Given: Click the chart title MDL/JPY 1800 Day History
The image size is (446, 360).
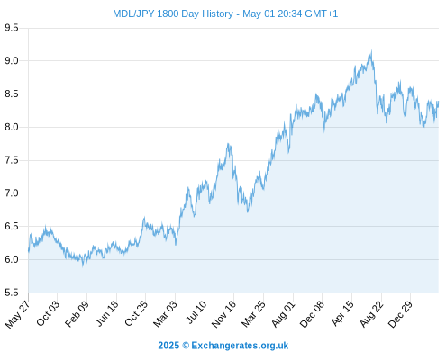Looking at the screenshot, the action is (x=173, y=13).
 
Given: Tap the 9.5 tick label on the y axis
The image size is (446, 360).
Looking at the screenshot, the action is (x=12, y=28).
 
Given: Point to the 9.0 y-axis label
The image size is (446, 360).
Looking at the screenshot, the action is (x=12, y=61).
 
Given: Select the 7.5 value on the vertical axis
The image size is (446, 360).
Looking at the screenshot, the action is (x=12, y=160).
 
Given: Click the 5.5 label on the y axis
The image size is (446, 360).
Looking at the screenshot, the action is (x=12, y=292).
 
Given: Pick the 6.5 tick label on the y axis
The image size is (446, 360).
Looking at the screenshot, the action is (x=12, y=226).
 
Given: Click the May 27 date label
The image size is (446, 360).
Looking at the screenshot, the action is (x=17, y=314).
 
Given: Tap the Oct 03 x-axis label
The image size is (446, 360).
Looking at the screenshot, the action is (x=48, y=313).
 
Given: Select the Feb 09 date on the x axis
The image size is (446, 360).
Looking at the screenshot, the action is (x=77, y=313).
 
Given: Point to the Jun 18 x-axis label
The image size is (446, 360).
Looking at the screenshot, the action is (x=106, y=313).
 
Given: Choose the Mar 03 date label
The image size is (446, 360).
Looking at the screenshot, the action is (x=165, y=314).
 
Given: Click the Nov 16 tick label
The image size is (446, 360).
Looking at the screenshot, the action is (x=223, y=314).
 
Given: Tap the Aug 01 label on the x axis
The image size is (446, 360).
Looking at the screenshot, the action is (x=283, y=314).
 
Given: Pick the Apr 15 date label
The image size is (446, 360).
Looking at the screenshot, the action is (x=341, y=313).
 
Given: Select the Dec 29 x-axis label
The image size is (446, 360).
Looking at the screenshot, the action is (x=400, y=314).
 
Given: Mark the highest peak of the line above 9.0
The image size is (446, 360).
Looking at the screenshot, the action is (x=371, y=51).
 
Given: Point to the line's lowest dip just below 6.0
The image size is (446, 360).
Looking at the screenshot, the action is (x=83, y=265).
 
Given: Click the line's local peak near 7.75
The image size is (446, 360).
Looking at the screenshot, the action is (x=228, y=144).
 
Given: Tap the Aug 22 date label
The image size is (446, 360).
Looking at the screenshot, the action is (x=371, y=314).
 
